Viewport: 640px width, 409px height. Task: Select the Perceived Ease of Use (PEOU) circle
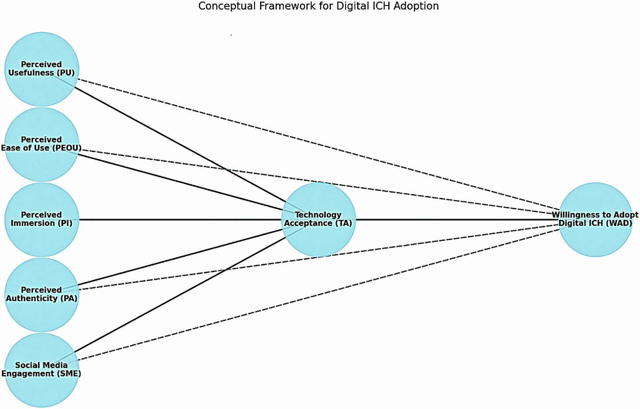(41, 164)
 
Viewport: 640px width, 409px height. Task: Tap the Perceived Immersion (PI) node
(41, 239)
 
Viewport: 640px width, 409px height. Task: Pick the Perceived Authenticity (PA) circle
(41, 314)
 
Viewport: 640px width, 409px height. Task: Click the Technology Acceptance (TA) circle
(318, 239)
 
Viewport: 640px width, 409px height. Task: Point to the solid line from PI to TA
(177, 220)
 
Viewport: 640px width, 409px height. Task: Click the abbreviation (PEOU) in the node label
(66, 148)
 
